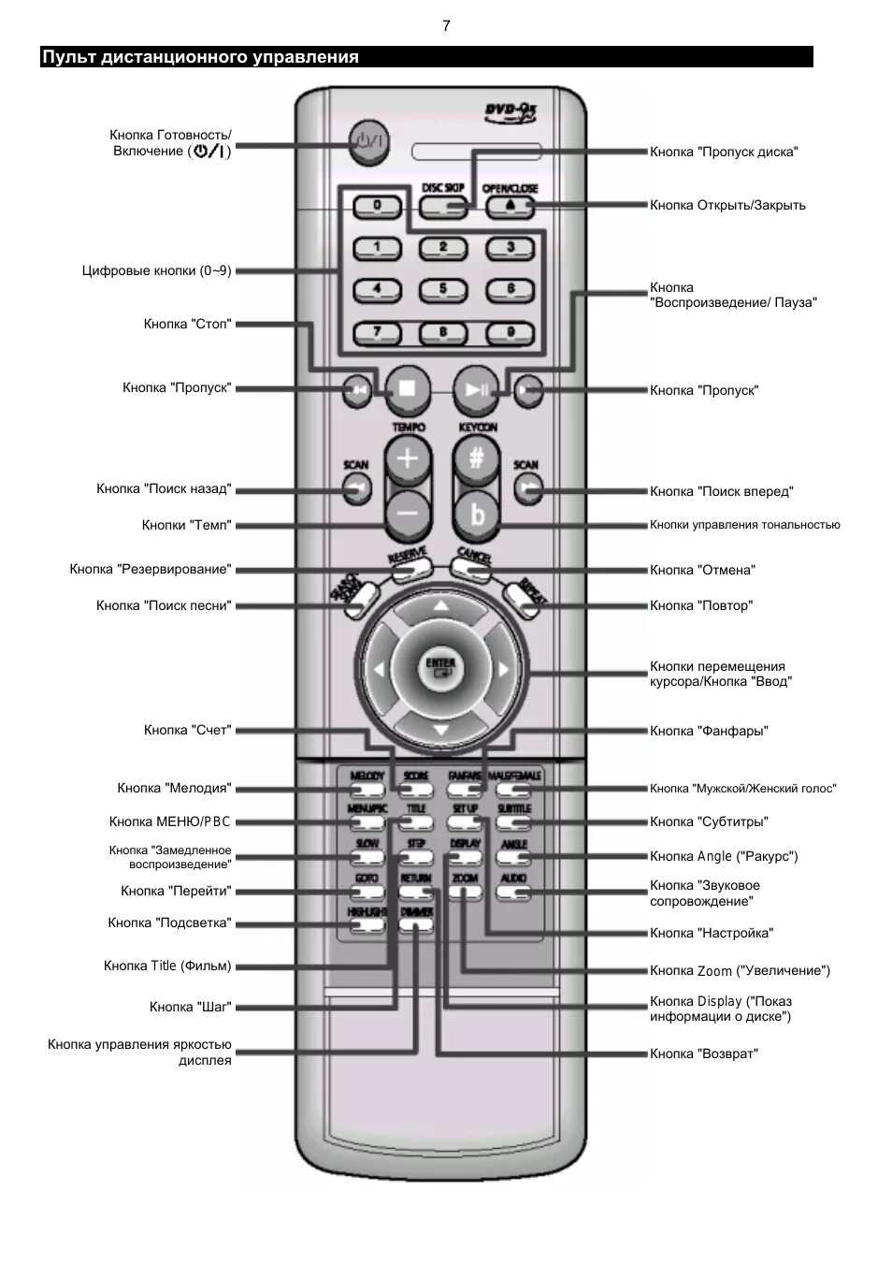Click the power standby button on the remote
point(367,143)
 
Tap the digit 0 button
point(377,205)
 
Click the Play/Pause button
point(476,389)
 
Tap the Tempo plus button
point(407,459)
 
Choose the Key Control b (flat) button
point(478,514)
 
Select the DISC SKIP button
point(443,206)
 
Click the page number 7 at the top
point(446,26)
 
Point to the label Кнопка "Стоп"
point(187,324)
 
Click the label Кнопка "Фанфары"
point(709,731)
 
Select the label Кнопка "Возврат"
point(704,1053)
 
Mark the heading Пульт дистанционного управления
point(200,57)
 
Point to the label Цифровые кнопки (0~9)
point(156,270)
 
